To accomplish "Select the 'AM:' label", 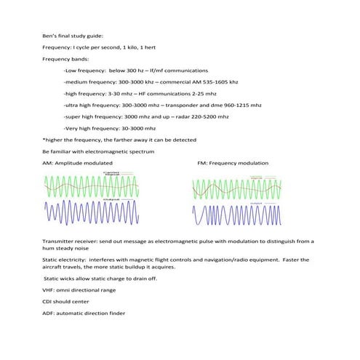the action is point(48,162).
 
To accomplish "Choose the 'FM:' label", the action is point(203,162).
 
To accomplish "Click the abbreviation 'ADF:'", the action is point(49,313).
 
